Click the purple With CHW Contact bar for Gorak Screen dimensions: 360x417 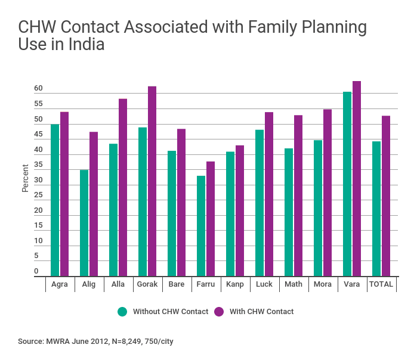coord(152,181)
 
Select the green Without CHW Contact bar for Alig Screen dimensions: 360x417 coord(84,223)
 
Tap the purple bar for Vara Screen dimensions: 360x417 coord(357,179)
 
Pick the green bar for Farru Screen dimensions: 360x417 coord(201,226)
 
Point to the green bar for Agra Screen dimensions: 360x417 coord(55,200)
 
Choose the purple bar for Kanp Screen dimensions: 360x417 coord(240,210)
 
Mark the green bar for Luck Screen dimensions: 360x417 coord(260,203)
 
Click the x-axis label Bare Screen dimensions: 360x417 coord(177,284)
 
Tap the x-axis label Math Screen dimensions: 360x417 coord(294,284)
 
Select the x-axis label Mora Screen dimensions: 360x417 coord(323,284)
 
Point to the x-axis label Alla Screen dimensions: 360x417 coord(118,284)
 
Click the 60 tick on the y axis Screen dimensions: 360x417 coord(38,89)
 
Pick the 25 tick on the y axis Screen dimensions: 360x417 coord(38,195)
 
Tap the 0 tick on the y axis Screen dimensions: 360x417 coord(36,271)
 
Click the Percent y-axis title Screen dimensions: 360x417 coord(25,178)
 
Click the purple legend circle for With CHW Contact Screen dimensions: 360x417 coord(219,311)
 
